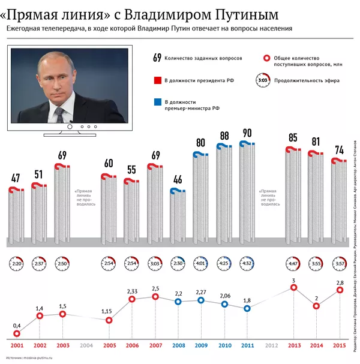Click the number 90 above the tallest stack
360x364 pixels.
(x=247, y=133)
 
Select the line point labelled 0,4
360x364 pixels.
(x=17, y=333)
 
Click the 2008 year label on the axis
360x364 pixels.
(x=178, y=345)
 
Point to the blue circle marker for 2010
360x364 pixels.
(x=224, y=304)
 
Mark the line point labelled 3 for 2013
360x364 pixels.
(x=293, y=288)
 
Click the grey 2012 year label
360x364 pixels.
(x=271, y=345)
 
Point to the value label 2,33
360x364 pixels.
(x=133, y=290)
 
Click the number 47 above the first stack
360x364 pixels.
(x=16, y=178)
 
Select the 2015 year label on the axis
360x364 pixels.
(x=340, y=345)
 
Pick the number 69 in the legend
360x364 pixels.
(x=158, y=58)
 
